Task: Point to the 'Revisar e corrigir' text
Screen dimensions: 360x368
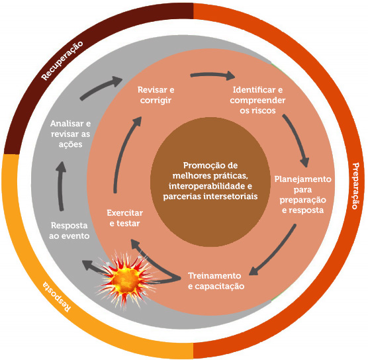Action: (x=156, y=95)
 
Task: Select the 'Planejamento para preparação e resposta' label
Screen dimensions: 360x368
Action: (x=302, y=195)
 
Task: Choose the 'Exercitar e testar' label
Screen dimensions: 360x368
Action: (x=124, y=218)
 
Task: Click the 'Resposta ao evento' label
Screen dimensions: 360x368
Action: (x=69, y=230)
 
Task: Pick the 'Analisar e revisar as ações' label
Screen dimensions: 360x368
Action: (x=70, y=134)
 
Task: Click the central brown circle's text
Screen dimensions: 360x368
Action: (x=203, y=180)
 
